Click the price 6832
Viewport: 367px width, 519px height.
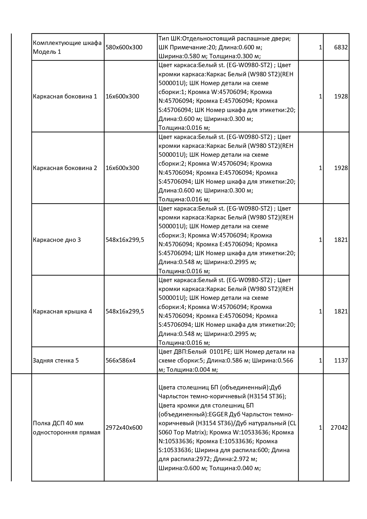coord(341,47)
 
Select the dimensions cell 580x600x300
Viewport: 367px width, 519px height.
coord(124,47)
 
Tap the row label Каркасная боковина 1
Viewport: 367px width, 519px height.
coord(65,96)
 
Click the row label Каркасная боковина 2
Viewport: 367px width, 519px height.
coord(65,168)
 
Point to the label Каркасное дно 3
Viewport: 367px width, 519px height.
coord(57,240)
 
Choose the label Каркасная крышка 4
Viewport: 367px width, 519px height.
coord(63,311)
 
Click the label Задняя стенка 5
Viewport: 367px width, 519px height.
coord(56,360)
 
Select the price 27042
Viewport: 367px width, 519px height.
coord(339,428)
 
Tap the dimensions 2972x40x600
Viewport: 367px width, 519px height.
coord(124,428)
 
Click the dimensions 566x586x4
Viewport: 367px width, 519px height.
coord(121,360)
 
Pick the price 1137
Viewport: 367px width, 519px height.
coord(341,360)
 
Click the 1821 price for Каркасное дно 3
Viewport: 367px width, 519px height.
coord(341,240)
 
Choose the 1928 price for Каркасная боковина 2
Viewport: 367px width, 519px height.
coord(341,168)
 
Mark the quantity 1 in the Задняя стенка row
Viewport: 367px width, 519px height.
coord(320,360)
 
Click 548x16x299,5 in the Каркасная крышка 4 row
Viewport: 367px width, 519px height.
coord(125,311)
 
